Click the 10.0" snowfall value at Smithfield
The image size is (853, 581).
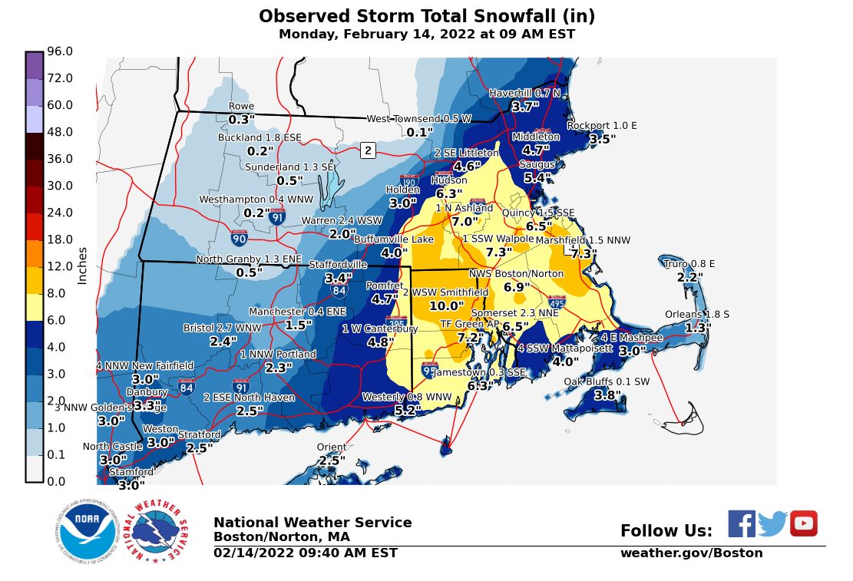446,305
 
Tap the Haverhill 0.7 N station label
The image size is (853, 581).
525,94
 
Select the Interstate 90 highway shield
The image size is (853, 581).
239,239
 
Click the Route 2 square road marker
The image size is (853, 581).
368,150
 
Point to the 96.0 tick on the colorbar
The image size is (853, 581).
59,51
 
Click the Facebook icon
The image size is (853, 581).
742,523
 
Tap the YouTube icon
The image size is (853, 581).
804,523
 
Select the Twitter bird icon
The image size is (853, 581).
772,524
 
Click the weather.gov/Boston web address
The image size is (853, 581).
691,553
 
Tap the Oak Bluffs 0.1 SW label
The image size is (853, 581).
607,381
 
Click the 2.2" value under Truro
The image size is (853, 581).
689,277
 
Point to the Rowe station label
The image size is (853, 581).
241,107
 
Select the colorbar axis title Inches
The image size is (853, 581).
83,266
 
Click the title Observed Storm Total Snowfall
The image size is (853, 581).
426,17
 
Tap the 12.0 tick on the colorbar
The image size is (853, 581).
59,266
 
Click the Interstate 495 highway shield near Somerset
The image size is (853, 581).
557,303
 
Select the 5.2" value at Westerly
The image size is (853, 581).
407,411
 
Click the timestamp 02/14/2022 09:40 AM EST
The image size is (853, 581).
306,553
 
